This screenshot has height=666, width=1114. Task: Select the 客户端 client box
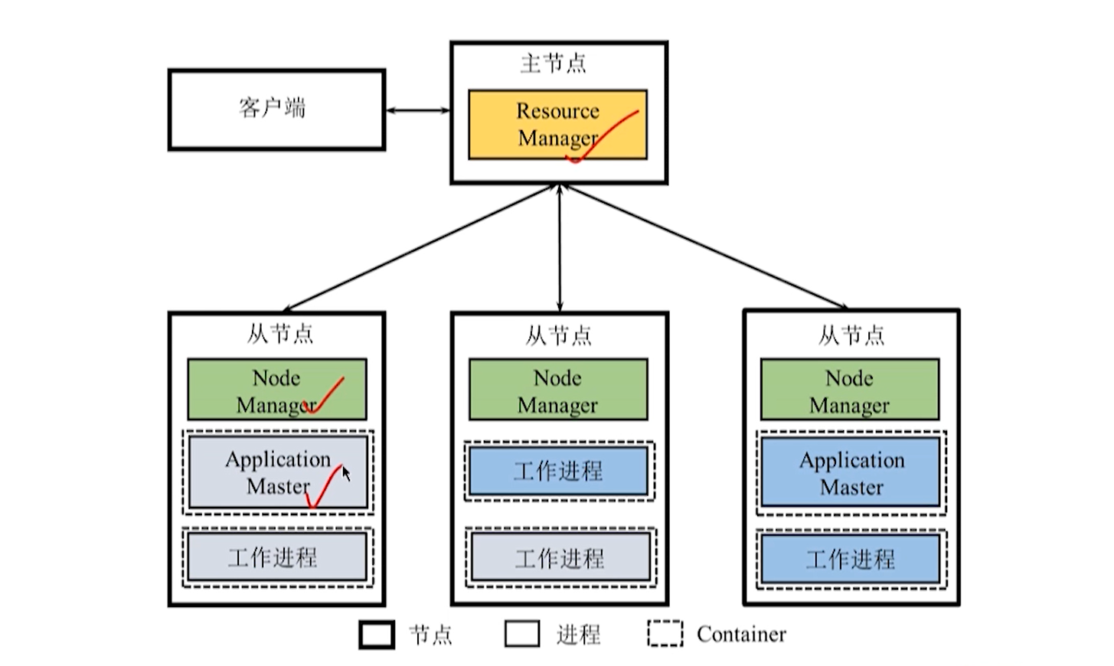pyautogui.click(x=276, y=109)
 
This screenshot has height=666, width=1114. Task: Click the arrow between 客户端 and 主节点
pyautogui.click(x=418, y=111)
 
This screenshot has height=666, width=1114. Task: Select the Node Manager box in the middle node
pyautogui.click(x=558, y=390)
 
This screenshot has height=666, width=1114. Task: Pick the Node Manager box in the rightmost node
pyautogui.click(x=849, y=390)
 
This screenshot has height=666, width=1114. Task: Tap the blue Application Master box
pyautogui.click(x=851, y=472)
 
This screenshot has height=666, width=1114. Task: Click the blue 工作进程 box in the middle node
pyautogui.click(x=559, y=470)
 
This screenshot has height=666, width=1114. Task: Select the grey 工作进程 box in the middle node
pyautogui.click(x=560, y=557)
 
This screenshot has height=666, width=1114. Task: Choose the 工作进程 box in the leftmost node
pyautogui.click(x=276, y=557)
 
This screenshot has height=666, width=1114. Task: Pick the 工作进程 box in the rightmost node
pyautogui.click(x=851, y=558)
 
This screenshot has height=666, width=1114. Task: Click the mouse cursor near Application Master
pyautogui.click(x=346, y=473)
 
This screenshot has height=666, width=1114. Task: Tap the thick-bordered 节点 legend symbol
pyautogui.click(x=377, y=635)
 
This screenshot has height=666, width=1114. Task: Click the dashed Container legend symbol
pyautogui.click(x=665, y=634)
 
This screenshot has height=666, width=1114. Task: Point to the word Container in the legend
pyautogui.click(x=741, y=635)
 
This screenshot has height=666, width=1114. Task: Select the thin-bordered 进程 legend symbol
pyautogui.click(x=522, y=634)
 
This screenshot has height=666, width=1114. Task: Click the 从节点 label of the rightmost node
pyautogui.click(x=851, y=335)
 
